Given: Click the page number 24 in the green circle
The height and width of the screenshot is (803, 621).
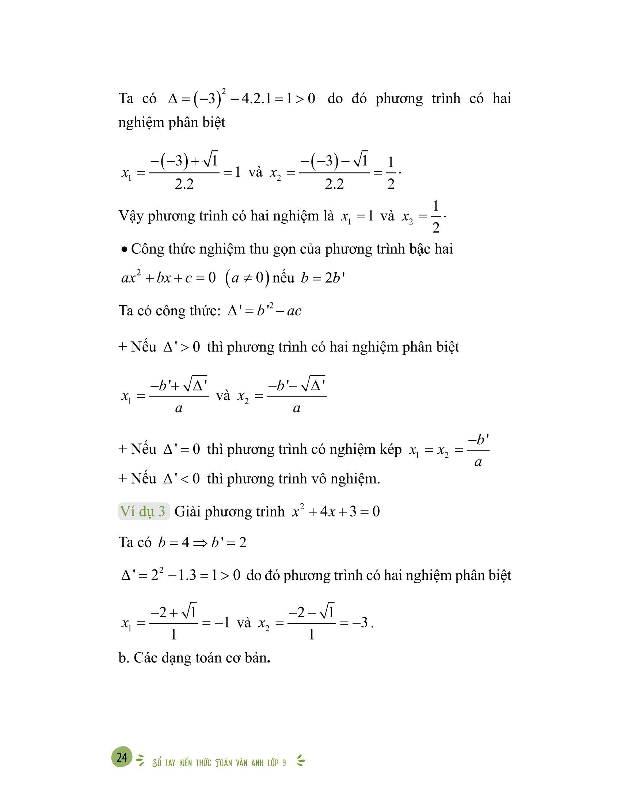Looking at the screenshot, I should [x=122, y=757].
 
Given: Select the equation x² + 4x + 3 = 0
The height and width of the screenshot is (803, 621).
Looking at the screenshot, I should [x=335, y=511].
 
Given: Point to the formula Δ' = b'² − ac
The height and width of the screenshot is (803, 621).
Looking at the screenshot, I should [x=264, y=311].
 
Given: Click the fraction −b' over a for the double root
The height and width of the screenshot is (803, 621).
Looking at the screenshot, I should [x=478, y=450].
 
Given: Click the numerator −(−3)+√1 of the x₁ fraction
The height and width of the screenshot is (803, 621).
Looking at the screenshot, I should [x=184, y=162].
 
